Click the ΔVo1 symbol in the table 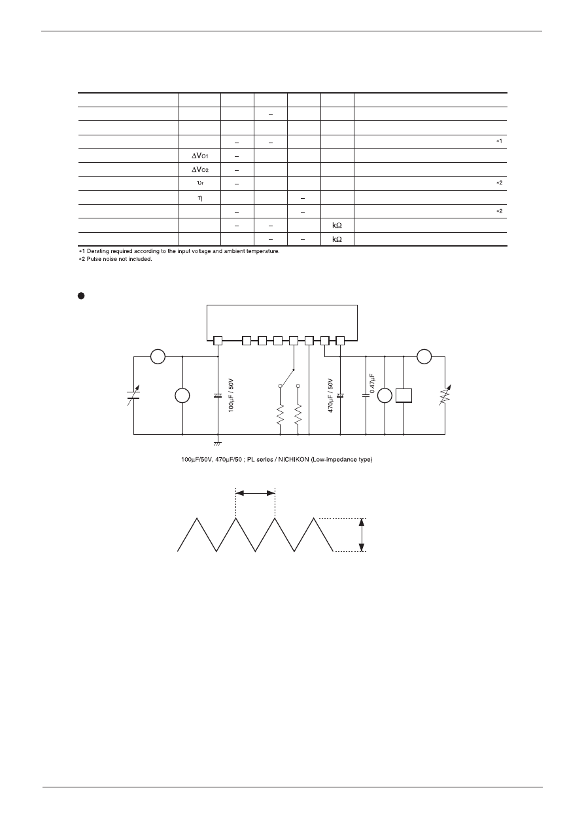[200, 156]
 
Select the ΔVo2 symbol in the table [200, 169]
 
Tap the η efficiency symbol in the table [200, 198]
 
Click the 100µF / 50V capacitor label [231, 395]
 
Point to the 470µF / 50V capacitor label [330, 395]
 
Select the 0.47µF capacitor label [372, 383]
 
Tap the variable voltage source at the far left [133, 395]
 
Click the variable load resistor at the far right [445, 395]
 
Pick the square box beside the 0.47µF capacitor [404, 396]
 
